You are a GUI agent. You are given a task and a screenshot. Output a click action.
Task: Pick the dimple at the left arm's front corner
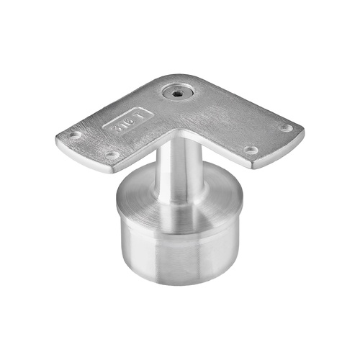pyautogui.click(x=112, y=154)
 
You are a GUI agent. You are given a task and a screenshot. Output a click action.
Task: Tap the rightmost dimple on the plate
pyautogui.click(x=285, y=128)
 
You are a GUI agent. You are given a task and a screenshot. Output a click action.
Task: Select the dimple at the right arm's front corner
pyautogui.click(x=251, y=150)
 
